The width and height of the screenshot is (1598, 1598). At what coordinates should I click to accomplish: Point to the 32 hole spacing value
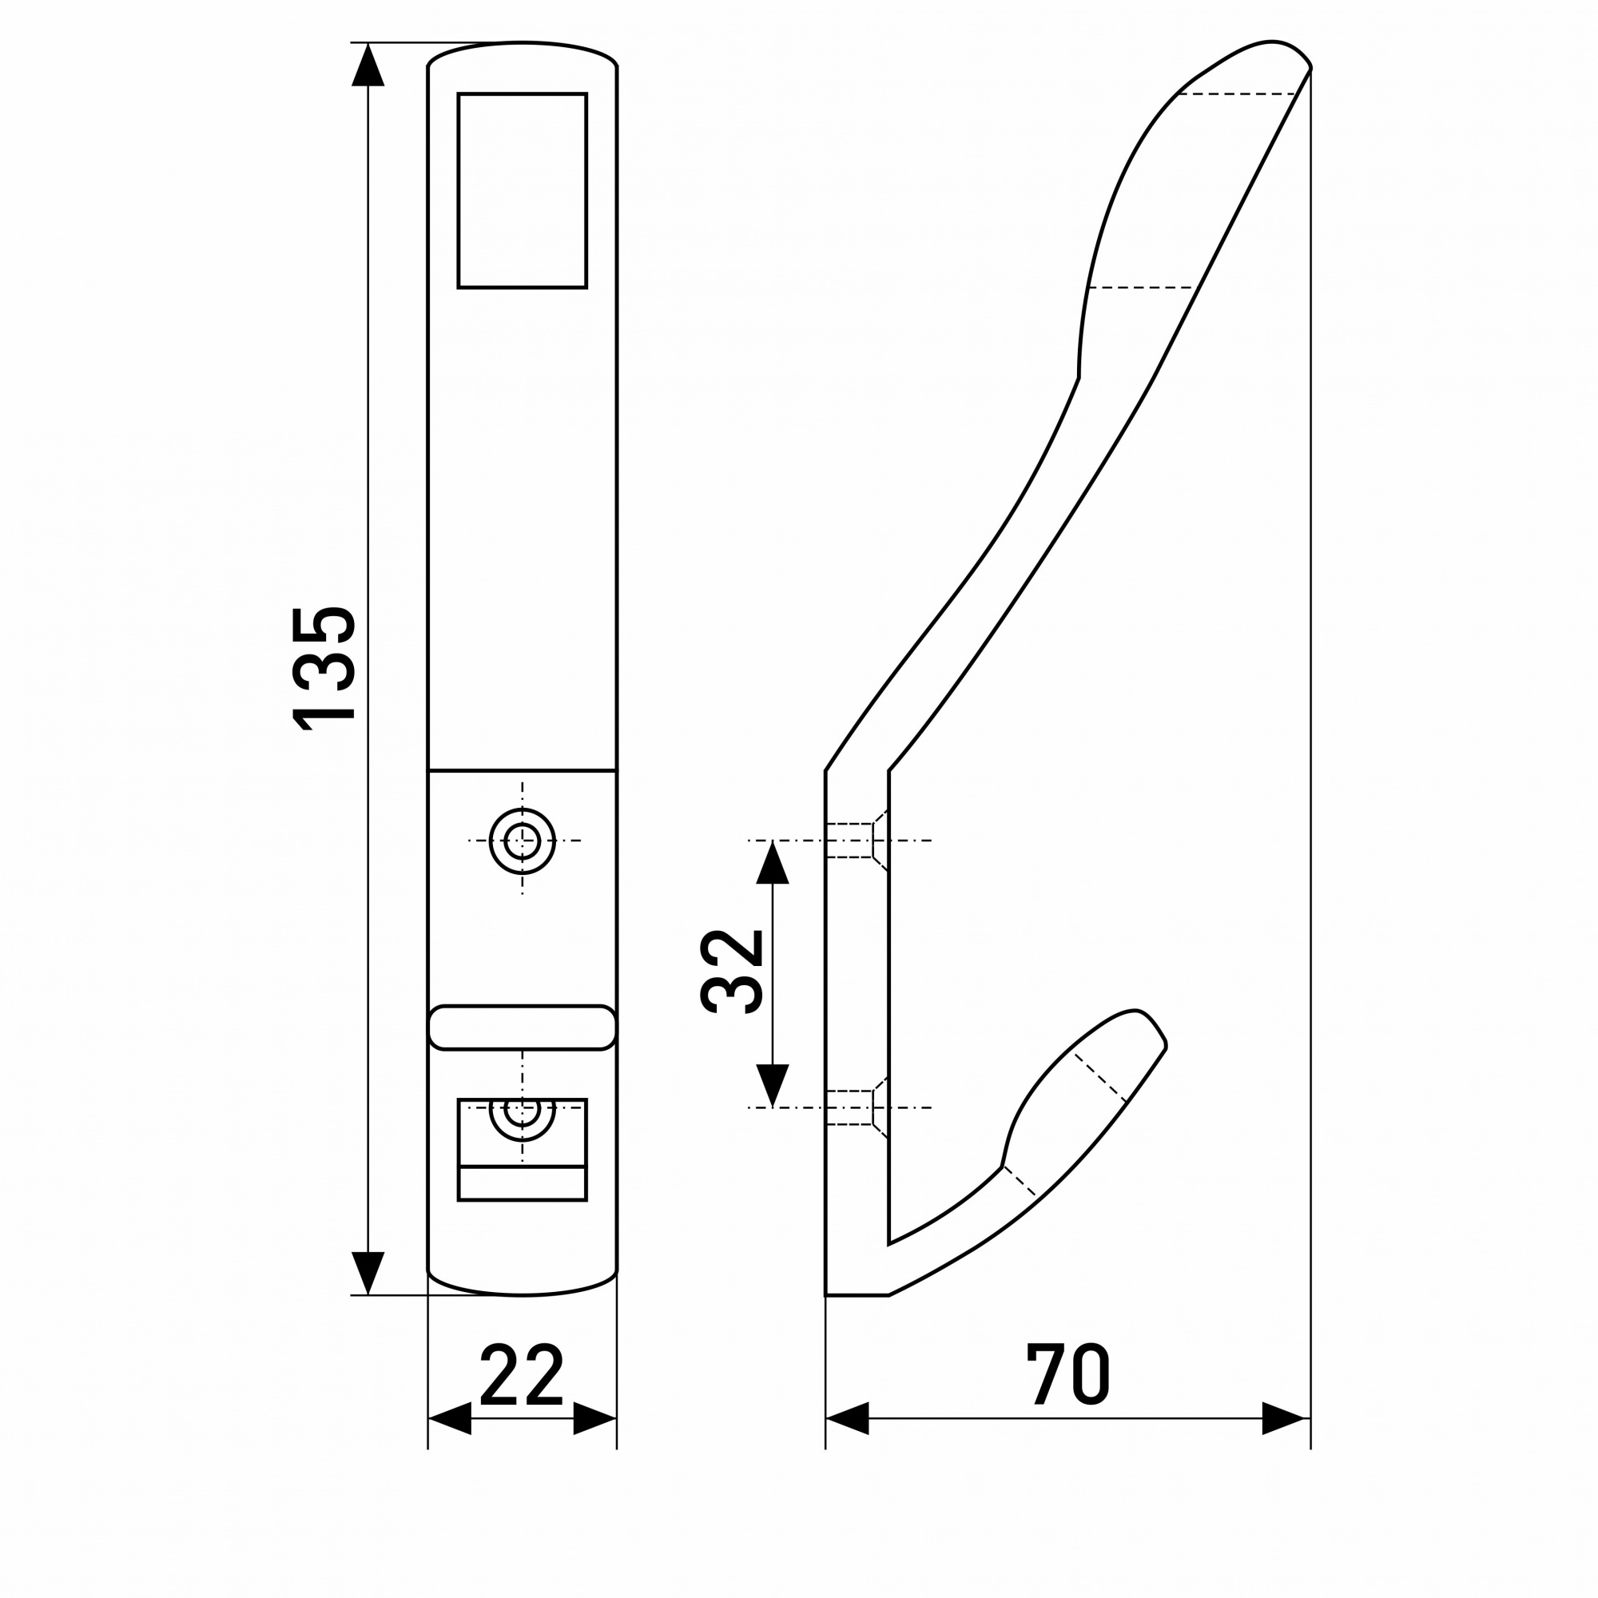(731, 972)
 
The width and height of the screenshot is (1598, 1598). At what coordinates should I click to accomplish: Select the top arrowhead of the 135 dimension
(368, 65)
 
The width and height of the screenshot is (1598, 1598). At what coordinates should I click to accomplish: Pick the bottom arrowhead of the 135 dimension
(368, 1274)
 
